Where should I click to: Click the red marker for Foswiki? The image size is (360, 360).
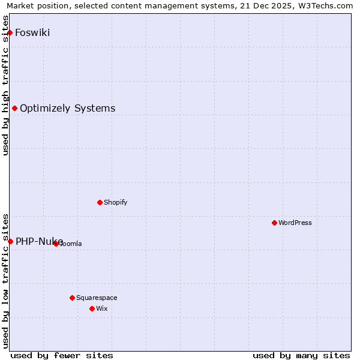pyautogui.click(x=10, y=32)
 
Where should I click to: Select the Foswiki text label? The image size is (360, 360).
pyautogui.click(x=32, y=32)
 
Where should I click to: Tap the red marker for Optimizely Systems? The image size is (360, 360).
pyautogui.click(x=15, y=109)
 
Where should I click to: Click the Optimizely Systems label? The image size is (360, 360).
pyautogui.click(x=68, y=109)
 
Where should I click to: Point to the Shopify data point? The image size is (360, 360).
pyautogui.click(x=100, y=202)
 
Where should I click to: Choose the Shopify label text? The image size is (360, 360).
pyautogui.click(x=116, y=202)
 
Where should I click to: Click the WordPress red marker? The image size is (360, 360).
pyautogui.click(x=274, y=223)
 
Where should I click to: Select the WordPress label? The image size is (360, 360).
pyautogui.click(x=295, y=223)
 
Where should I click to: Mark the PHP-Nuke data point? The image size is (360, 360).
pyautogui.click(x=10, y=241)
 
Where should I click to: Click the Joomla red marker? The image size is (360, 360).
pyautogui.click(x=56, y=244)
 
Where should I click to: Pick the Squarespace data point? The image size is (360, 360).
pyautogui.click(x=72, y=298)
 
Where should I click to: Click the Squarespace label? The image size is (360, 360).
pyautogui.click(x=97, y=298)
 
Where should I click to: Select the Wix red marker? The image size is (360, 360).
pyautogui.click(x=92, y=308)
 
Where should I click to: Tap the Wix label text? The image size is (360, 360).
pyautogui.click(x=102, y=308)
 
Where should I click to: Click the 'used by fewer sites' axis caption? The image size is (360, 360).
pyautogui.click(x=62, y=355)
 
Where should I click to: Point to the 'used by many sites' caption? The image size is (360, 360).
pyautogui.click(x=301, y=355)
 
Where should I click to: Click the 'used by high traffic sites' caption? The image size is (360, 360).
pyautogui.click(x=5, y=85)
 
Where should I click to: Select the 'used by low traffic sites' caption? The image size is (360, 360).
pyautogui.click(x=5, y=280)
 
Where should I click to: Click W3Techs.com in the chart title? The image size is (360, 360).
pyautogui.click(x=329, y=6)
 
